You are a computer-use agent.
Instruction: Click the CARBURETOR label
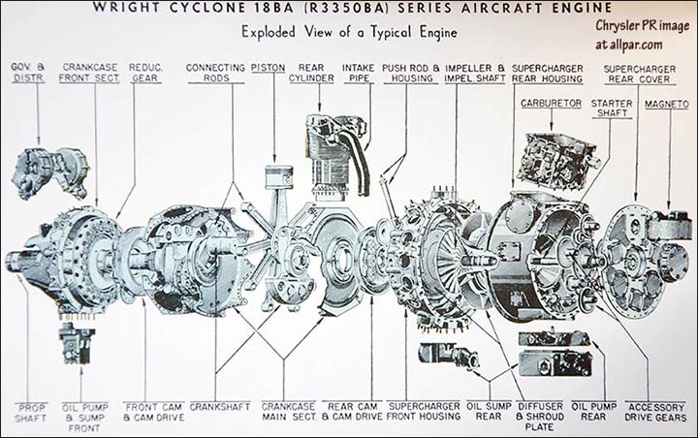(x=550, y=101)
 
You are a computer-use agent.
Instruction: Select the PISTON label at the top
(x=268, y=68)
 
